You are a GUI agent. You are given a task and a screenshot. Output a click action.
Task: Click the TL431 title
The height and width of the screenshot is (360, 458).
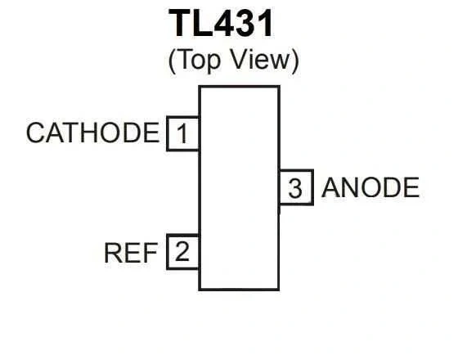point(221,23)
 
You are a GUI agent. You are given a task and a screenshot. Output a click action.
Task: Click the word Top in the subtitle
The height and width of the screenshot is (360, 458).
point(198,60)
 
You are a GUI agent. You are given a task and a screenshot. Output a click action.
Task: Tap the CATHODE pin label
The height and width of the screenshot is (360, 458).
point(93,133)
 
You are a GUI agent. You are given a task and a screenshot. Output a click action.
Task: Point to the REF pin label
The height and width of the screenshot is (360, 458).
point(131,253)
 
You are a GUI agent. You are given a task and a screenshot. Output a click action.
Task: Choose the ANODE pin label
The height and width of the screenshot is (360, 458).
point(370,187)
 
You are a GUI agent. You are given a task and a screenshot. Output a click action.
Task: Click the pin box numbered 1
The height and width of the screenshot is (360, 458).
point(183,133)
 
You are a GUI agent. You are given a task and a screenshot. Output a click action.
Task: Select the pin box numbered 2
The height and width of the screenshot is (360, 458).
point(183,252)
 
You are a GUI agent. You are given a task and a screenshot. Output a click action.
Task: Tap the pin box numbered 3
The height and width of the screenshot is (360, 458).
point(296,187)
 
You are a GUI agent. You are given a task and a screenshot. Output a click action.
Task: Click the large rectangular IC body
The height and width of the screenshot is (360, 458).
point(239,188)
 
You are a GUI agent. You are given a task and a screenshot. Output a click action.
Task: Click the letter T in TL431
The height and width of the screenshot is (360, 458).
point(181,23)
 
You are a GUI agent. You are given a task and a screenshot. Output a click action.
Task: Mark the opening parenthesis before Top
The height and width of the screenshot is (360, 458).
point(172,61)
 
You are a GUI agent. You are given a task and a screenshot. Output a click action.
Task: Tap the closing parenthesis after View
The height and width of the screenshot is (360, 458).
point(295,61)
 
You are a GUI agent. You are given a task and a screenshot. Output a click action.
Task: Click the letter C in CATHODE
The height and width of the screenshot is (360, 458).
point(36,133)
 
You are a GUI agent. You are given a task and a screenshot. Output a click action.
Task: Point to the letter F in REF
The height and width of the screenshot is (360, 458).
point(150,253)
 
